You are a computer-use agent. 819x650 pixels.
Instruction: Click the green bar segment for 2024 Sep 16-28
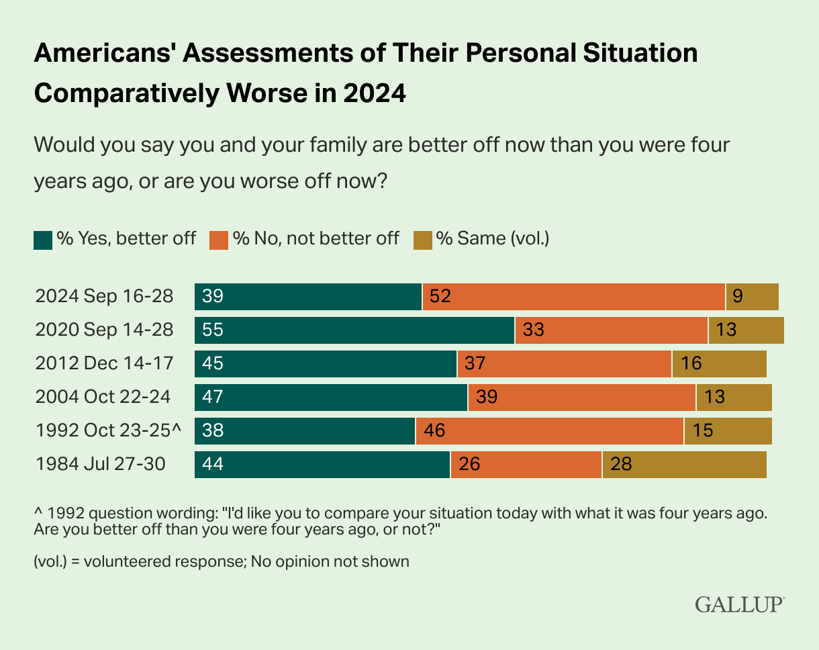[308, 297]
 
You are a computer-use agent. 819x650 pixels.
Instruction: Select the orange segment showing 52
[573, 297]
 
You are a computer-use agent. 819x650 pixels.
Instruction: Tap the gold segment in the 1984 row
[684, 465]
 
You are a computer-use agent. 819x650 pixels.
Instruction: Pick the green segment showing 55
[354, 330]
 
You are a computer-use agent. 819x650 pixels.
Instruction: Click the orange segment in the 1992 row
[549, 431]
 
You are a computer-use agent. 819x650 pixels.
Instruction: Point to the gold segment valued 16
[719, 364]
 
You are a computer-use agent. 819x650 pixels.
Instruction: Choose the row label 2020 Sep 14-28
[104, 330]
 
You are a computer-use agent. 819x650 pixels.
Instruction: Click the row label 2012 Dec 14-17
[104, 364]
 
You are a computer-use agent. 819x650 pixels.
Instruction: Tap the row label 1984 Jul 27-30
[100, 465]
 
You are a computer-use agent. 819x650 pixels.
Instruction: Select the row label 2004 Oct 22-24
[103, 398]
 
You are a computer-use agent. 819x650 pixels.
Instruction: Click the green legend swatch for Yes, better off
[43, 240]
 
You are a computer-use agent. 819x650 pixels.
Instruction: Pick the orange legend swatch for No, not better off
[220, 240]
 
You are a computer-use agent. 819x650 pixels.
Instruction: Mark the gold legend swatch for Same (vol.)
[424, 240]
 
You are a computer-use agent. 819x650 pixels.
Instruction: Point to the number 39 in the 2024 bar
[212, 297]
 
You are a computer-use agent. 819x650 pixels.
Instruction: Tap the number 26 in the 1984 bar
[469, 465]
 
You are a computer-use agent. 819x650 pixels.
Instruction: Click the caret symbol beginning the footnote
[38, 514]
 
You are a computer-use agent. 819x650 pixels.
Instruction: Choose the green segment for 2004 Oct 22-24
[331, 398]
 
